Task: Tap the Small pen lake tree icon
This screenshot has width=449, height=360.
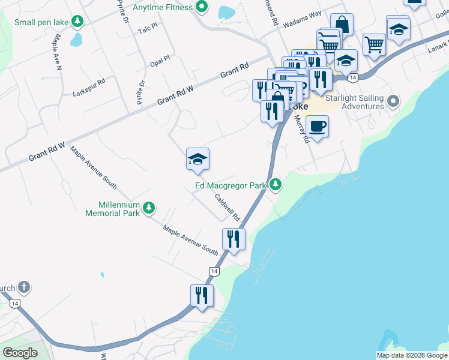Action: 77,22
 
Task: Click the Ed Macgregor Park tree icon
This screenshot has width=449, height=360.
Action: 276,185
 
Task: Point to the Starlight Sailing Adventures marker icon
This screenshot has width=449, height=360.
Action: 394,101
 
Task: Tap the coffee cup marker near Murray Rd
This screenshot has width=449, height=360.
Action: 317,127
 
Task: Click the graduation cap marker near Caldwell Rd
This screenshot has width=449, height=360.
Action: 197,159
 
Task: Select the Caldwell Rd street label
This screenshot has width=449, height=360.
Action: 228,207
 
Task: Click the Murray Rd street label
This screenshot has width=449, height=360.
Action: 302,129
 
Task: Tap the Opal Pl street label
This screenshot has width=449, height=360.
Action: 160,62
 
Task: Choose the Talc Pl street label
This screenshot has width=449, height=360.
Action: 147,28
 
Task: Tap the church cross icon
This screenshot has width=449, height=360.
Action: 24,287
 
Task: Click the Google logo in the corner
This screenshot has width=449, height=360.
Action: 20,353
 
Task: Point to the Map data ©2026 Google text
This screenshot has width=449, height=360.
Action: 412,355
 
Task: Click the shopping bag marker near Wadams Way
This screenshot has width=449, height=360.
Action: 342,25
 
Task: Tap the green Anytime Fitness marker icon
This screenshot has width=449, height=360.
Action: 202,7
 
